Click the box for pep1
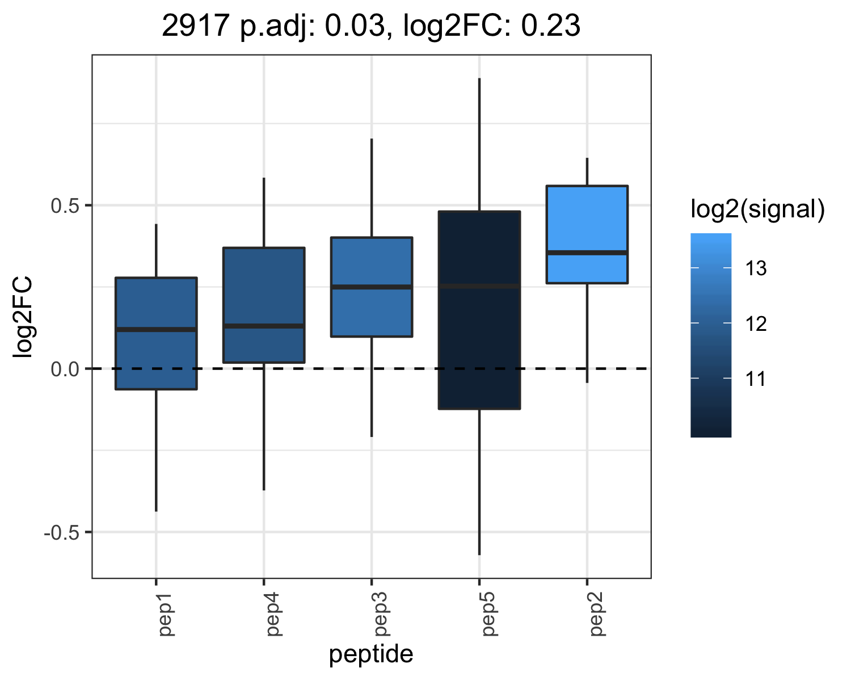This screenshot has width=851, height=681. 156,334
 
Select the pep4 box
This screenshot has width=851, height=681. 264,305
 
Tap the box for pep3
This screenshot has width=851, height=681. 372,287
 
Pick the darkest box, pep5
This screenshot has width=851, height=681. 479,310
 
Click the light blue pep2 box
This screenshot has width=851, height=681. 587,234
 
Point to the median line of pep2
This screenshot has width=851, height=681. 587,253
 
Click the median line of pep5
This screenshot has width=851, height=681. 479,286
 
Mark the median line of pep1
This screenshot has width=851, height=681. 156,329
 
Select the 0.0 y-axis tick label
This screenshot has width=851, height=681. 66,369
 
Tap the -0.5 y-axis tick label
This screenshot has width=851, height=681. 62,533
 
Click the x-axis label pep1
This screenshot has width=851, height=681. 166,615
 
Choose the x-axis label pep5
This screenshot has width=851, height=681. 490,615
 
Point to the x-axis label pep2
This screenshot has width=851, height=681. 597,615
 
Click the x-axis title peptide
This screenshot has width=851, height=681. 372,654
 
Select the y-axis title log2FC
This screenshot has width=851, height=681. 23,317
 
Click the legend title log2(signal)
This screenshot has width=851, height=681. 758,209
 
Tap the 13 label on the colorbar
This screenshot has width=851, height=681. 756,268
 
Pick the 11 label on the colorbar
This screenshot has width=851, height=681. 756,379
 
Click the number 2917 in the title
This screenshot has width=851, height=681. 196,26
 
